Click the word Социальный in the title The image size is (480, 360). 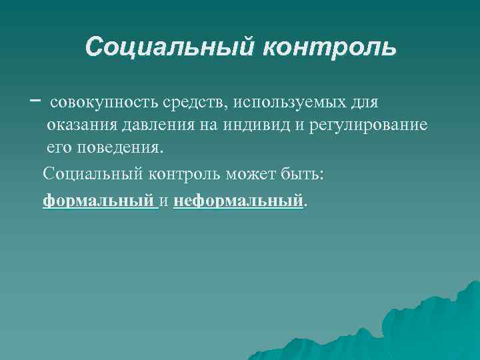click(x=169, y=47)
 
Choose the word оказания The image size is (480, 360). click(x=82, y=126)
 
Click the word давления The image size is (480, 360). click(x=154, y=126)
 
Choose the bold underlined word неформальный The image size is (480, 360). click(x=238, y=199)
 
